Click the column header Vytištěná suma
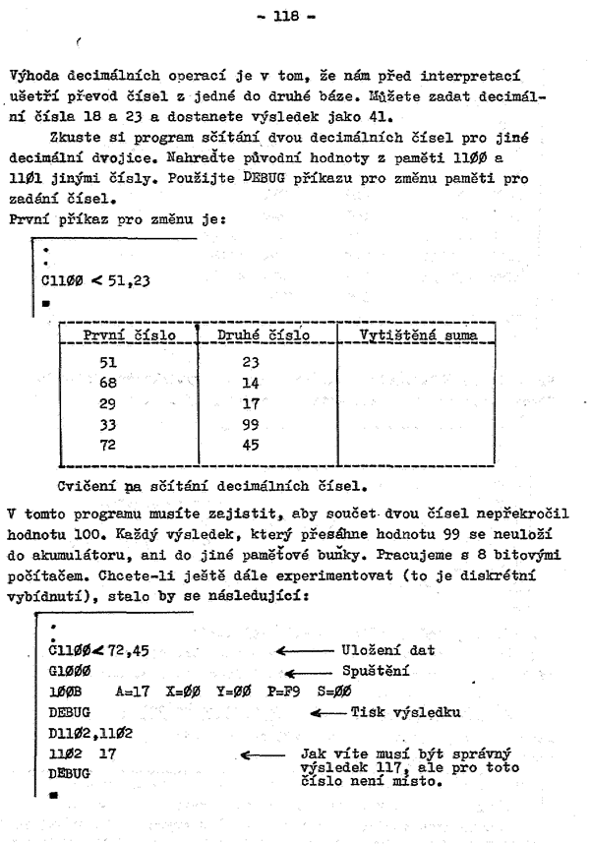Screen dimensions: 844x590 pos(413,336)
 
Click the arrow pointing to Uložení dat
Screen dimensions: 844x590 pos(305,650)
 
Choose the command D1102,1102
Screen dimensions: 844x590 pos(80,732)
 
